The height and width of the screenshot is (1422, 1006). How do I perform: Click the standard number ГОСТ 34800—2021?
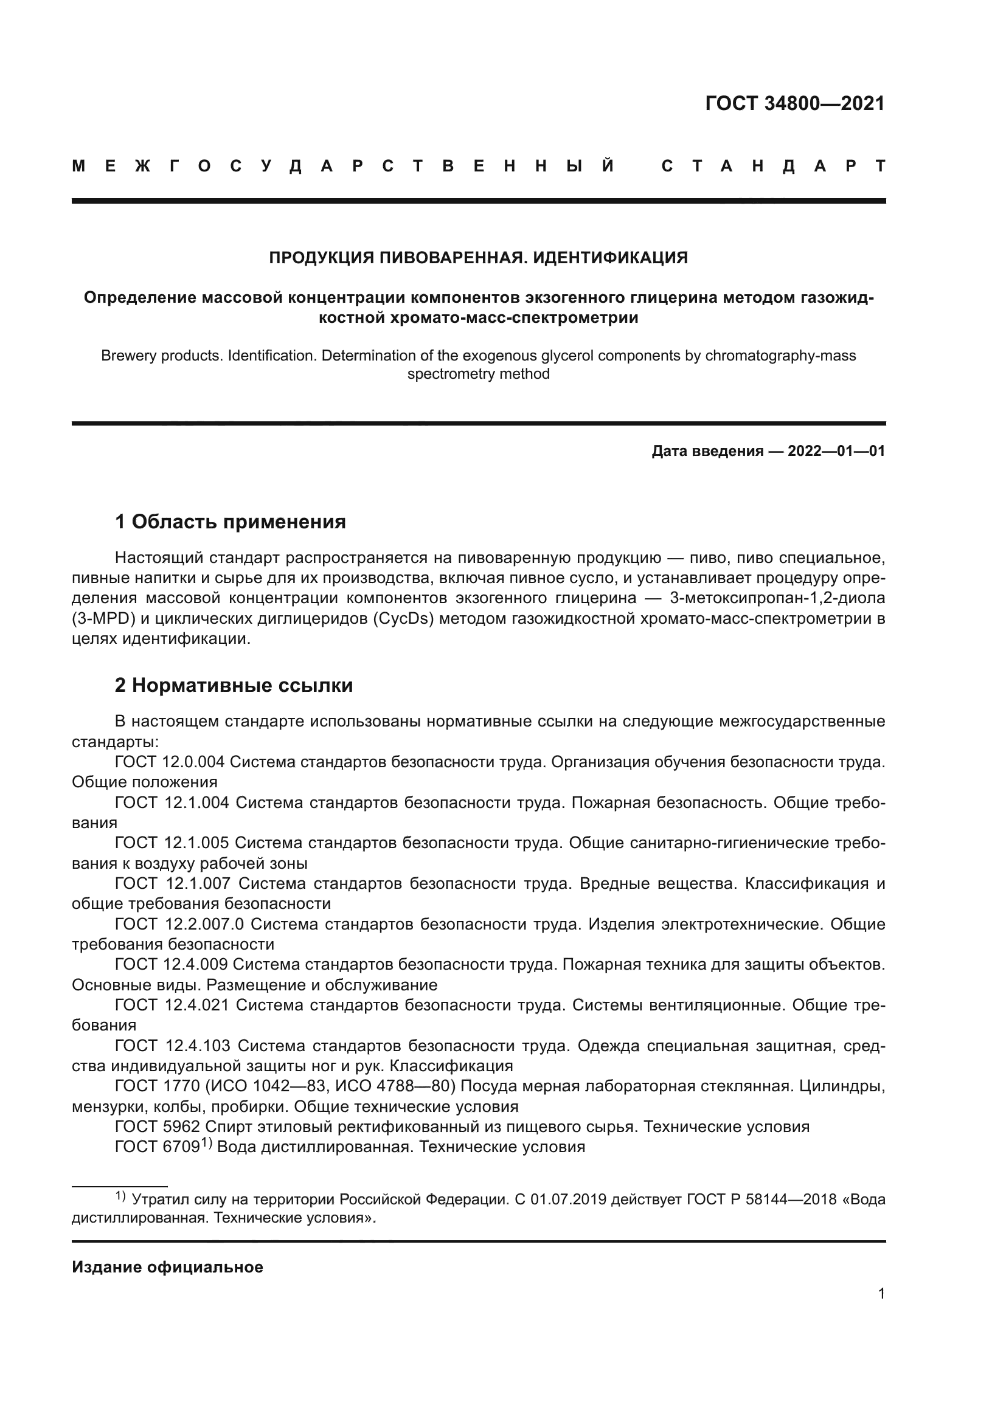795,103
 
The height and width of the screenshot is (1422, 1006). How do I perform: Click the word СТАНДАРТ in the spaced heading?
774,167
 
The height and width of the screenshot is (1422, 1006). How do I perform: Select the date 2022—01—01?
836,452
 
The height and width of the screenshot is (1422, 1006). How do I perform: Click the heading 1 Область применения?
231,522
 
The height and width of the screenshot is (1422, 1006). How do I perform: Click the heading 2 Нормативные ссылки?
234,686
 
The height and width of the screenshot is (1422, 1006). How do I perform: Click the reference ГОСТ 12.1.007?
173,884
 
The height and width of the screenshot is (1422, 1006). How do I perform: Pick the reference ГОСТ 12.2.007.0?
179,925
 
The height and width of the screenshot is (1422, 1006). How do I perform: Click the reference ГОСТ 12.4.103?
173,1046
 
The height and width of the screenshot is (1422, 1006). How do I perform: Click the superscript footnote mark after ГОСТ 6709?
206,1143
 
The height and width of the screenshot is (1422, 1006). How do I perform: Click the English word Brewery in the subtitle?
128,356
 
